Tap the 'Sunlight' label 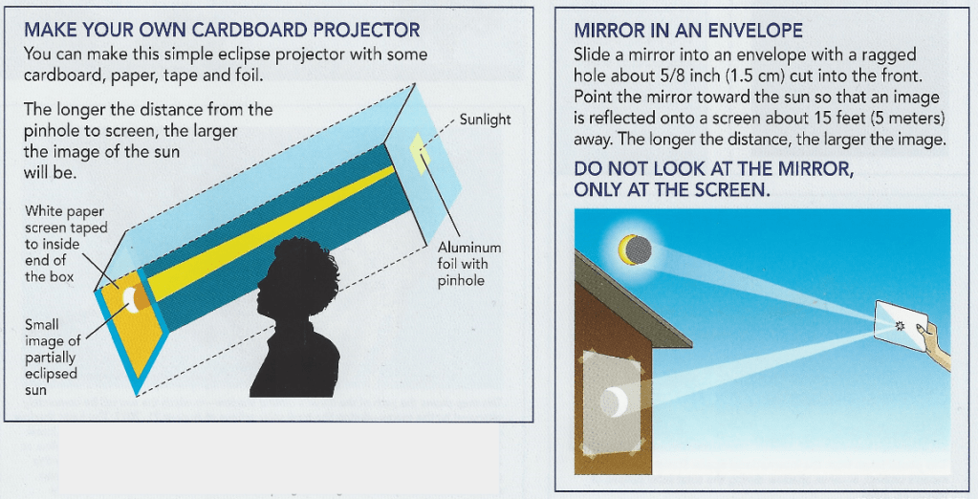485,119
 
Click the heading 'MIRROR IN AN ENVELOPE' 688,31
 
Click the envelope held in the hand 901,326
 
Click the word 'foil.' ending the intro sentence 245,76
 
